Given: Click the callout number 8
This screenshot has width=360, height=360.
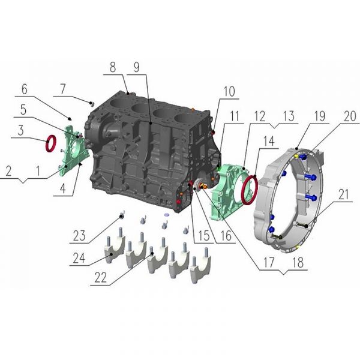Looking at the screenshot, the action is (113, 67).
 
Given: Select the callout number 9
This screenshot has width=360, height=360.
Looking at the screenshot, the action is (136, 67).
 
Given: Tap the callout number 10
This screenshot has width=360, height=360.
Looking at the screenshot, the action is (229, 92).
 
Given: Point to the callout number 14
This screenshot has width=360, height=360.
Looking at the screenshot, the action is (269, 141).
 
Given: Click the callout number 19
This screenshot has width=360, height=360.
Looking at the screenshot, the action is (320, 116).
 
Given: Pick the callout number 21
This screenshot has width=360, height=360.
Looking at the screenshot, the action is (343, 194).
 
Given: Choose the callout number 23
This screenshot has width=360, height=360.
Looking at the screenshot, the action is (79, 236).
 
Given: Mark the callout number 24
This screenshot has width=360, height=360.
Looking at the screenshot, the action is (79, 258).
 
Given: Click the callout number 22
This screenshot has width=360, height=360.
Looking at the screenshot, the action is (101, 277).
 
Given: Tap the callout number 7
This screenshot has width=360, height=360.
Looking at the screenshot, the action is (62, 89).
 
